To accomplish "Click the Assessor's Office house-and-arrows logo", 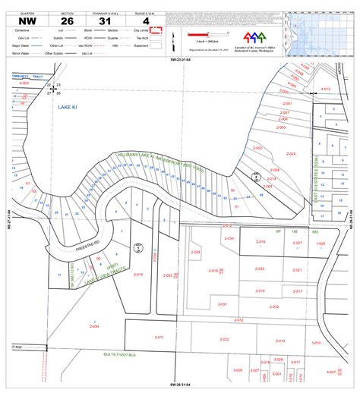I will (x=253, y=36).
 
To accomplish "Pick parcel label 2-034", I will (x=94, y=327).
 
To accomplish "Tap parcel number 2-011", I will (x=159, y=337).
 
